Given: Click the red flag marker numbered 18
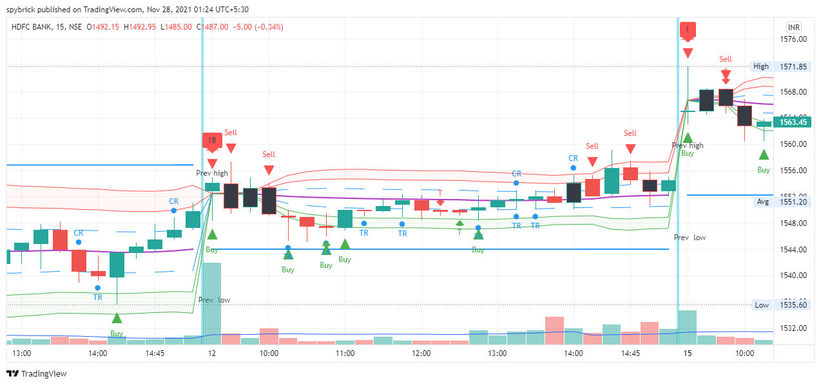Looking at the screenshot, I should tap(212, 140).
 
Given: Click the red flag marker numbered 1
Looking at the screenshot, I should tap(688, 30).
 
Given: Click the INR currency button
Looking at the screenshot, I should tap(794, 27).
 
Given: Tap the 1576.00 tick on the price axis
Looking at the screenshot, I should tap(793, 39).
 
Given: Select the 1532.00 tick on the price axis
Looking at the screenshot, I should tap(793, 328).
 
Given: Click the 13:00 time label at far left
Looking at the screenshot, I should tap(22, 353).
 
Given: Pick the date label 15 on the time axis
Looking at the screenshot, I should tap(688, 353).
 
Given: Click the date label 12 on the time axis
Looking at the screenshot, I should tap(211, 353).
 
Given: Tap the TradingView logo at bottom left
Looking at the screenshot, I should tap(37, 373).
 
